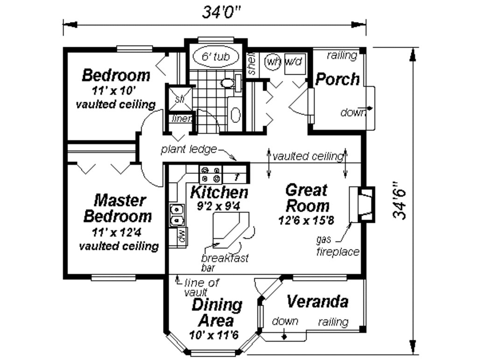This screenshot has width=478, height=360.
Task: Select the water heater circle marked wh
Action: [x=272, y=61]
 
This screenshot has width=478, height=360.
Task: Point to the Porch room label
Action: [x=337, y=79]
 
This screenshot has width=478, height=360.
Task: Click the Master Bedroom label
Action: [x=117, y=209]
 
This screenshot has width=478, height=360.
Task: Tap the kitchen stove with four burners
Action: [x=211, y=174]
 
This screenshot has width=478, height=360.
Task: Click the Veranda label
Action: [x=317, y=302]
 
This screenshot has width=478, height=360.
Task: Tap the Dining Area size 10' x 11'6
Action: [x=214, y=335]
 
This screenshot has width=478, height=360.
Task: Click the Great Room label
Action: [x=307, y=198]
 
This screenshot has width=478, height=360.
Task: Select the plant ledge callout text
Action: [x=189, y=149]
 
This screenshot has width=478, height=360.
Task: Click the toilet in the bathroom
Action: [x=228, y=84]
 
